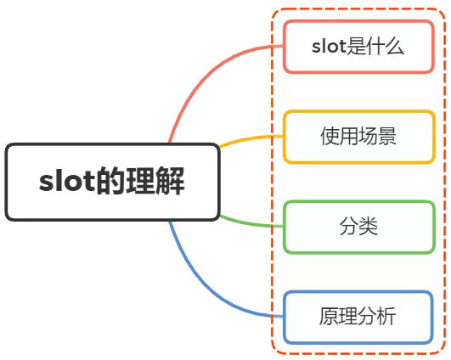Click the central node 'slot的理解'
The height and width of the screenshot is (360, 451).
tap(112, 182)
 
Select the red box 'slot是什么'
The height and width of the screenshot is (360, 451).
tap(358, 46)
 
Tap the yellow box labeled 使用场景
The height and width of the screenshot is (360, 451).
tap(358, 137)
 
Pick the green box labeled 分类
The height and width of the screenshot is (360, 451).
tap(358, 227)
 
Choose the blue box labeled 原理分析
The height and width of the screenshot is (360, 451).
tap(358, 318)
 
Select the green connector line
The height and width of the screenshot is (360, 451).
tap(251, 223)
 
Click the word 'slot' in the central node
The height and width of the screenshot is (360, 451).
tap(66, 183)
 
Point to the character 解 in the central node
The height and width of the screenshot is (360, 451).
tap(171, 182)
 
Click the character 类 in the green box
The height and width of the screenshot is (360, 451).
tap(368, 227)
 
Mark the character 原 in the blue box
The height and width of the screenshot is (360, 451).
tap(328, 318)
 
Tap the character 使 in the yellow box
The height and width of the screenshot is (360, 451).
tap(329, 137)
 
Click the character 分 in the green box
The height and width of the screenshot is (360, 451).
tap(348, 227)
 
